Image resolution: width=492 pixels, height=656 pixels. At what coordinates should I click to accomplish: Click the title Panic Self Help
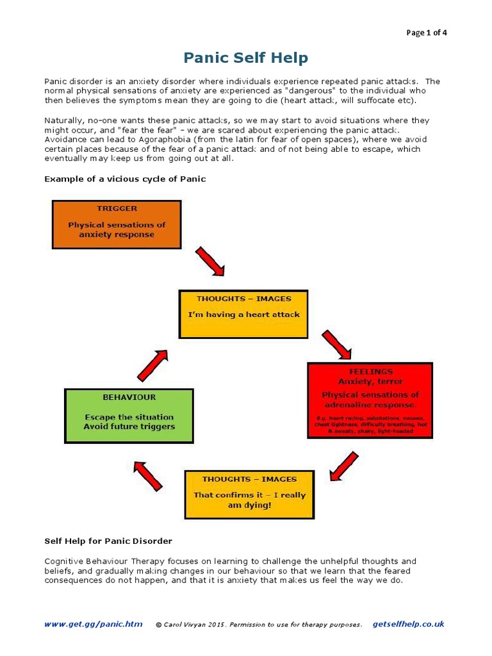coord(245,58)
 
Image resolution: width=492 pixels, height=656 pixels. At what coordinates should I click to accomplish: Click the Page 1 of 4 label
coord(427,33)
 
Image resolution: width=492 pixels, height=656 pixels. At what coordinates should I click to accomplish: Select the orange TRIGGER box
coord(117,224)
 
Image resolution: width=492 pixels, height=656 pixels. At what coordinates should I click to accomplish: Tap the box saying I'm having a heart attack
coord(243,314)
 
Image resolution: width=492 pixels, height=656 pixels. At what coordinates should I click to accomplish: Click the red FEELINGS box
coord(370,400)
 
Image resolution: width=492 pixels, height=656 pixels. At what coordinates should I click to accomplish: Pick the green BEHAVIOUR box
coord(129,415)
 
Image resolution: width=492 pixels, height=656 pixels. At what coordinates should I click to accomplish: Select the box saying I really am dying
coord(249,495)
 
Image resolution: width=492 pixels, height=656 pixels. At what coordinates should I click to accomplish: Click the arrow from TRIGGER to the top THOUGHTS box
coord(209,261)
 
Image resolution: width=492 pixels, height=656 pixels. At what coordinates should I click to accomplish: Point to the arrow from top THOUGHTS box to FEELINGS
coord(336,345)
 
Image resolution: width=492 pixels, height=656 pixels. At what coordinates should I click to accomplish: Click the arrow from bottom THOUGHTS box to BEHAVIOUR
coord(149,477)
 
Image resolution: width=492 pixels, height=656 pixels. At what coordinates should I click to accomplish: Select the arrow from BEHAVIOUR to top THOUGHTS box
coord(152,365)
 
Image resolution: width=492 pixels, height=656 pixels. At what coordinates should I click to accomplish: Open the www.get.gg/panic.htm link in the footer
coord(94,624)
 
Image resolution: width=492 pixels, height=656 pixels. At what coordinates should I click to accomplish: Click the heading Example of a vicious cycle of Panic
coord(125,179)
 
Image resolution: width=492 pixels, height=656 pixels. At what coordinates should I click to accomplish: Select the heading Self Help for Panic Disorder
coord(108,541)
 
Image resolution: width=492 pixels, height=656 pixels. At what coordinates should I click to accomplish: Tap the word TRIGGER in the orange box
coord(117,208)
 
